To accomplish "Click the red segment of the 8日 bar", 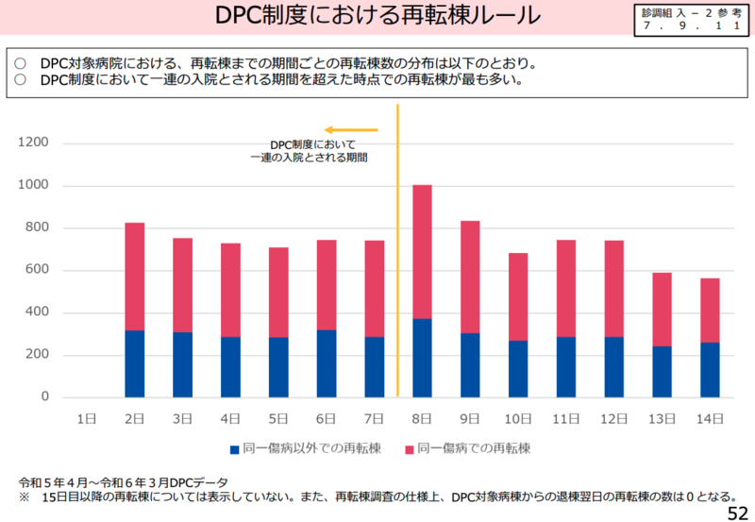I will click(x=422, y=252).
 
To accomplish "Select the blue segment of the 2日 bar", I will click(x=134, y=363).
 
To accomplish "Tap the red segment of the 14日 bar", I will click(x=711, y=311).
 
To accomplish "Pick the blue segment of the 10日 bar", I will click(x=518, y=369).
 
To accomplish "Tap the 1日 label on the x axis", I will click(x=86, y=418).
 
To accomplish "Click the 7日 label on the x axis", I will click(x=374, y=418).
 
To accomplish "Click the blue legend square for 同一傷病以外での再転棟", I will click(x=234, y=448).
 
